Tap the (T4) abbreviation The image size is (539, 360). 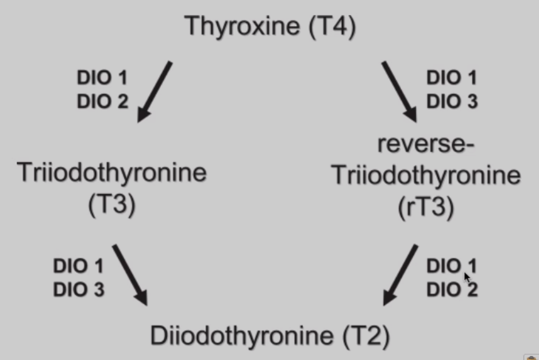tap(332, 27)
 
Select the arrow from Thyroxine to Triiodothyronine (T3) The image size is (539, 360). tap(155, 91)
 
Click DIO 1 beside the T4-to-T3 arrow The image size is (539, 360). tap(102, 77)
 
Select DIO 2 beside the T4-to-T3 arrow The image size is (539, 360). tap(102, 102)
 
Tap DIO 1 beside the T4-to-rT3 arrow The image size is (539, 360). tap(452, 77)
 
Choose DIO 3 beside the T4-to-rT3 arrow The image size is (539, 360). tap(452, 102)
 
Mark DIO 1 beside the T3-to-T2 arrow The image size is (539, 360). tap(79, 266)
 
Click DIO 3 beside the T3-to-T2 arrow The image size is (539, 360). tap(79, 290)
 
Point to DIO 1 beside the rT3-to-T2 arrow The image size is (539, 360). tap(452, 266)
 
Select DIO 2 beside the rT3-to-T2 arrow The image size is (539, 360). tap(452, 290)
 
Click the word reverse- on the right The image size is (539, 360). tap(426, 144)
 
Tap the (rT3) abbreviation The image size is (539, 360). tap(426, 208)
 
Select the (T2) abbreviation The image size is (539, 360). tap(366, 336)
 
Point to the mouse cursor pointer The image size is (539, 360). tap(467, 277)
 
